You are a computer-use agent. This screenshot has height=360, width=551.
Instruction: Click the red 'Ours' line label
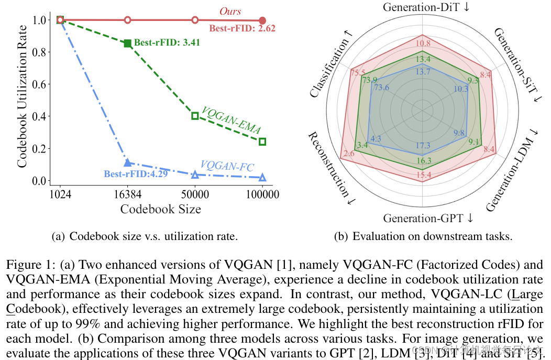(x=230, y=11)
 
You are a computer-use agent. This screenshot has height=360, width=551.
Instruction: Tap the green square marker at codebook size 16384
(x=127, y=43)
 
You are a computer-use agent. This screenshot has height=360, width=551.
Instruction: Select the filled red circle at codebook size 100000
(x=262, y=20)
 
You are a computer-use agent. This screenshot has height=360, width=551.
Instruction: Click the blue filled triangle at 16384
(x=127, y=163)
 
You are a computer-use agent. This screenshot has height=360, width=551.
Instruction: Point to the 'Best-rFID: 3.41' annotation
(x=167, y=42)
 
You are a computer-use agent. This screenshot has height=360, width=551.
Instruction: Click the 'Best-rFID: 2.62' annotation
(x=242, y=29)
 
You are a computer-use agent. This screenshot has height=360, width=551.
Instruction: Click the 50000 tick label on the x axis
(x=195, y=194)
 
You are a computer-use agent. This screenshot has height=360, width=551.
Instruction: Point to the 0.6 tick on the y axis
(x=39, y=84)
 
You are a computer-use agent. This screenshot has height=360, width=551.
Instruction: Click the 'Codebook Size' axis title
(x=160, y=209)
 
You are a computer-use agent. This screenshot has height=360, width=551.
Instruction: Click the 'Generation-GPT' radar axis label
(x=428, y=218)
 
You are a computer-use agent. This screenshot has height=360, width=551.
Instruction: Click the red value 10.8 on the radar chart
(x=423, y=43)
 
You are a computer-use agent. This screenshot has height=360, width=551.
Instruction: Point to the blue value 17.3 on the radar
(x=423, y=146)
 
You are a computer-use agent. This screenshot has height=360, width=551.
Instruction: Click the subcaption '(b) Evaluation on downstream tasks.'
(x=423, y=236)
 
